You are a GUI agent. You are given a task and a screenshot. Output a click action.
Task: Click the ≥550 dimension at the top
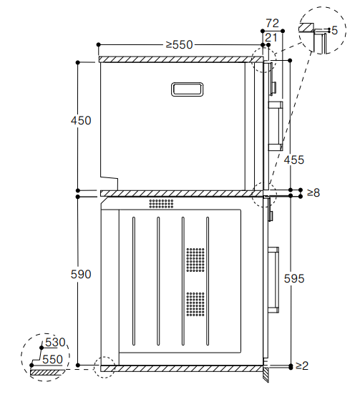pos(180,45)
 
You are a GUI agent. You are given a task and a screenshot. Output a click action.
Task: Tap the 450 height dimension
pos(81,120)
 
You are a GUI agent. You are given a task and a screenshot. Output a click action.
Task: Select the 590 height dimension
pos(81,274)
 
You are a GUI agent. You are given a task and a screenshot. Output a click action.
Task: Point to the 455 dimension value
pos(294,160)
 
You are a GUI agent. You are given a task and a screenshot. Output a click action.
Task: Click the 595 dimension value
pos(294,278)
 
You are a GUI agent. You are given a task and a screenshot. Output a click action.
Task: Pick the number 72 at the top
pos(273,24)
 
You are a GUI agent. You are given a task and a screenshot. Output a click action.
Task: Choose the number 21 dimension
pos(271,38)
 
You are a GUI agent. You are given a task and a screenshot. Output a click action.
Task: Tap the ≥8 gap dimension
pos(313,193)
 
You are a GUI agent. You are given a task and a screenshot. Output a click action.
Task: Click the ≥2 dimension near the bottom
pos(302,366)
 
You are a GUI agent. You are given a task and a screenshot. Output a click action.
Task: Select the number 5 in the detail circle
pos(334,31)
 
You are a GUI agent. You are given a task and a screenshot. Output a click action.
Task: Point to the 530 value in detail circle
pos(55,343)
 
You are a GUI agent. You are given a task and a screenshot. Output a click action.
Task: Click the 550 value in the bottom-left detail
pos(52,359)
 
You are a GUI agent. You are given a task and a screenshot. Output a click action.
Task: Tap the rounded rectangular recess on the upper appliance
pos(187,89)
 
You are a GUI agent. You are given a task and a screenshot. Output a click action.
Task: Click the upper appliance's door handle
pos(276,126)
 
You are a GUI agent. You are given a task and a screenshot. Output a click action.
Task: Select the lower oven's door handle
pos(273,280)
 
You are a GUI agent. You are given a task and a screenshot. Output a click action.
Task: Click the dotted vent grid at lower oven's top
pos(161,204)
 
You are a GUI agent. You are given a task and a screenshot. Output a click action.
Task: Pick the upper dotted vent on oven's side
pos(195,260)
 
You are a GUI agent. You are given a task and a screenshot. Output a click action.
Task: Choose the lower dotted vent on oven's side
pos(195,304)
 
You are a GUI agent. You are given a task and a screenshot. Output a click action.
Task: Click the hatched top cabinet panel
pos(181,59)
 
